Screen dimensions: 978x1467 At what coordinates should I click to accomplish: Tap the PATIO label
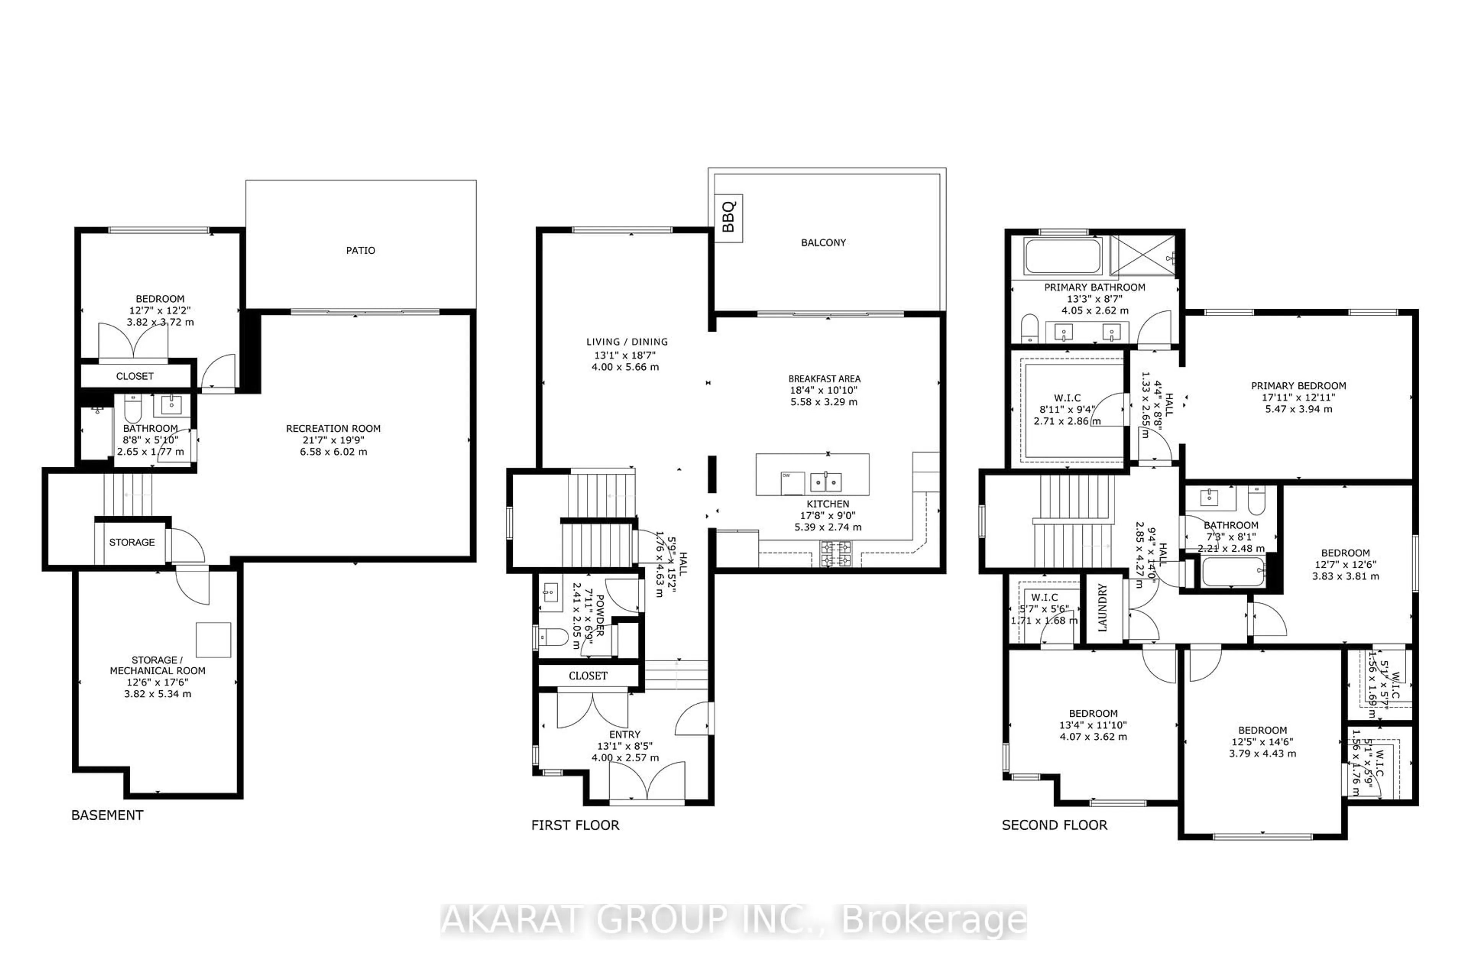pos(361,251)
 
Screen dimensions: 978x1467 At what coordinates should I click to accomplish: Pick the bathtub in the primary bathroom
pos(1063,256)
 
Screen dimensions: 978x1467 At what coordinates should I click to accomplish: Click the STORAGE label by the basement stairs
pos(131,542)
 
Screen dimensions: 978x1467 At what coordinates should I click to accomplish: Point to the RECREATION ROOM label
pos(333,429)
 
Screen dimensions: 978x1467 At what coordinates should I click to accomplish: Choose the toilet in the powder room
pos(553,637)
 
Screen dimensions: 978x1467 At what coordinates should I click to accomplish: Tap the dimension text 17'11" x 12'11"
pos(1299,397)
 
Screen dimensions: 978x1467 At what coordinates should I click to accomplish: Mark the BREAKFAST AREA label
pos(824,379)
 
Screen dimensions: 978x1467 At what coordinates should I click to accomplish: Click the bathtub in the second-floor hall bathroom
pos(1232,572)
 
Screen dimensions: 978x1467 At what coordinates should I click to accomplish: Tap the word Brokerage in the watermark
pos(934,921)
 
